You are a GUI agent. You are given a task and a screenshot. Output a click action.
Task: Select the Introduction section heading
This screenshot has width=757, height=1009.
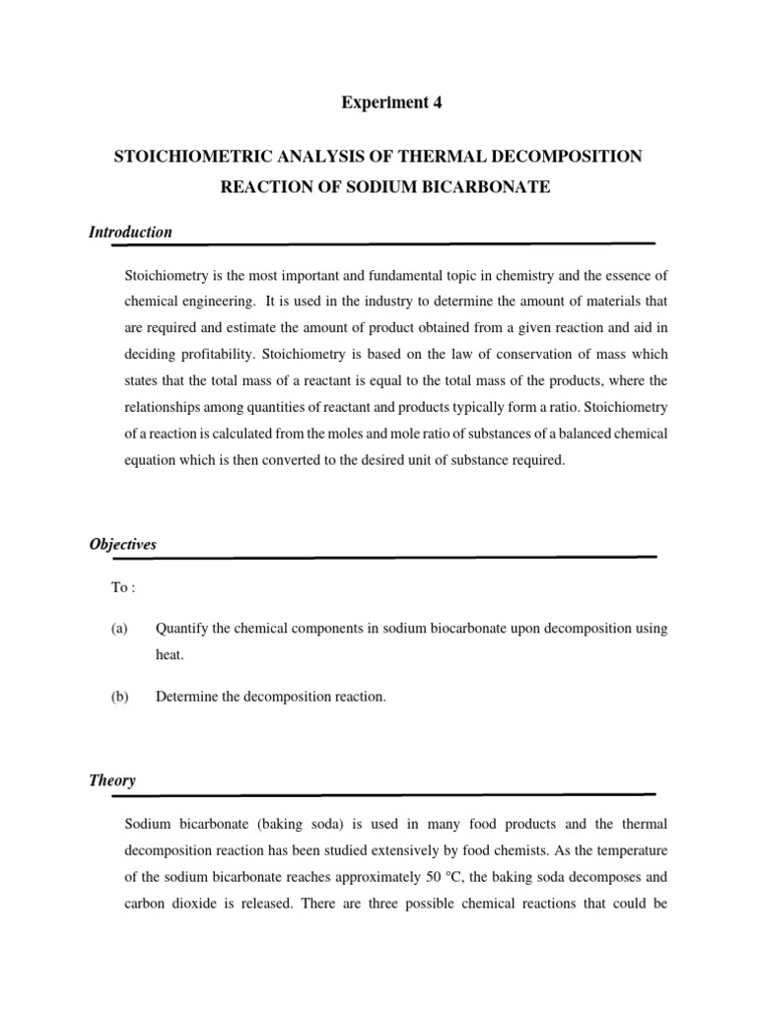coord(130,233)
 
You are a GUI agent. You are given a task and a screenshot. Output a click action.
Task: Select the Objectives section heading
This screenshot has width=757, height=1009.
coord(122,544)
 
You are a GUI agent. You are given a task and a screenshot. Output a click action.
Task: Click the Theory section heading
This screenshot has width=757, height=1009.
coord(112,780)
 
